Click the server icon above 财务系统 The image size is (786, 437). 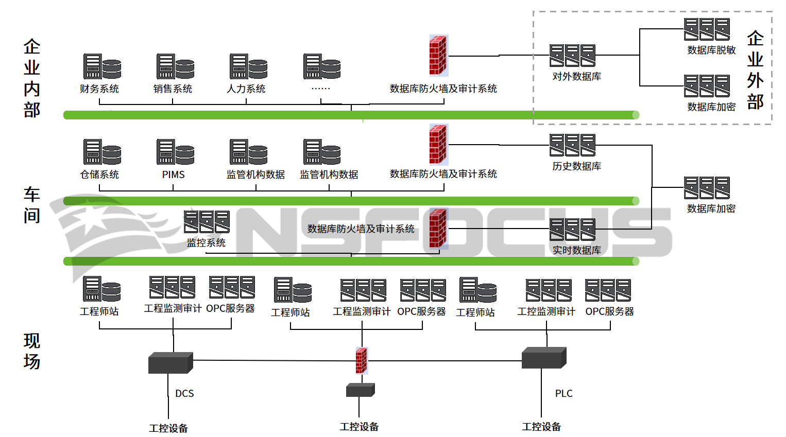102,67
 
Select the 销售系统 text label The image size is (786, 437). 173,89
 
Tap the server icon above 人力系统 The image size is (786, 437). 248,67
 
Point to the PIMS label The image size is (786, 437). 173,175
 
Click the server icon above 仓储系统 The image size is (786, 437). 102,152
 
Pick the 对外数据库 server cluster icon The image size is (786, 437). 572,56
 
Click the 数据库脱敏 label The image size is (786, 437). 711,50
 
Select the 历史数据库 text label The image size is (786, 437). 576,166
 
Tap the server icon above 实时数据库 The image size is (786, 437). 572,230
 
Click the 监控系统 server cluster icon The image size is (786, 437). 207,222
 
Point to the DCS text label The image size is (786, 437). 184,394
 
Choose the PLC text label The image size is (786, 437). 563,394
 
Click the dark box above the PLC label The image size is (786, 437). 543,358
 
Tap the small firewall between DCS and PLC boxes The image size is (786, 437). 362,360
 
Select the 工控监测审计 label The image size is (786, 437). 546,312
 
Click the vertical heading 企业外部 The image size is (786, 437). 755,70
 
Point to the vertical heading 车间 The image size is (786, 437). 32,205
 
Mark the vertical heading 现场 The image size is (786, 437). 32,351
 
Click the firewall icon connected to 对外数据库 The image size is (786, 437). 438,56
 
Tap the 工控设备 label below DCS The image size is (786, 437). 168,428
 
